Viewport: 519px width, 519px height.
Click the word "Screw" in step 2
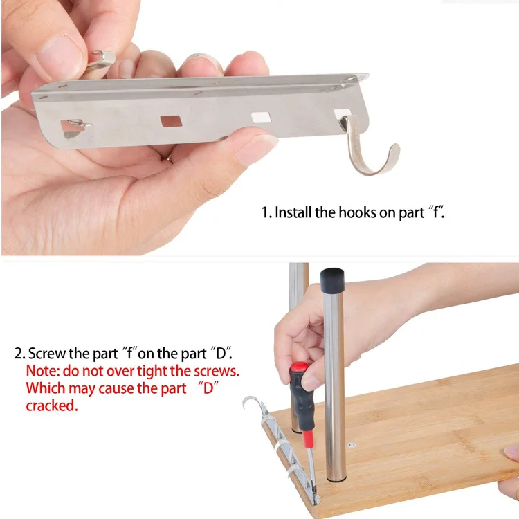[x=47, y=354]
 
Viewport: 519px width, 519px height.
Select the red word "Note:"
[x=43, y=371]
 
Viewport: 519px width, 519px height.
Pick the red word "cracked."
[x=52, y=406]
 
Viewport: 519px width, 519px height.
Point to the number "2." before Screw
[x=19, y=354]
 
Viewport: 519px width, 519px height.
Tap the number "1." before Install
[x=266, y=212]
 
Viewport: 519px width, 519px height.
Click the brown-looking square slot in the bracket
[x=171, y=121]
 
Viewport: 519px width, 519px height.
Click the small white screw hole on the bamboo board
[x=352, y=445]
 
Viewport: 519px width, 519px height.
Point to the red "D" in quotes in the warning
[x=208, y=388]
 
